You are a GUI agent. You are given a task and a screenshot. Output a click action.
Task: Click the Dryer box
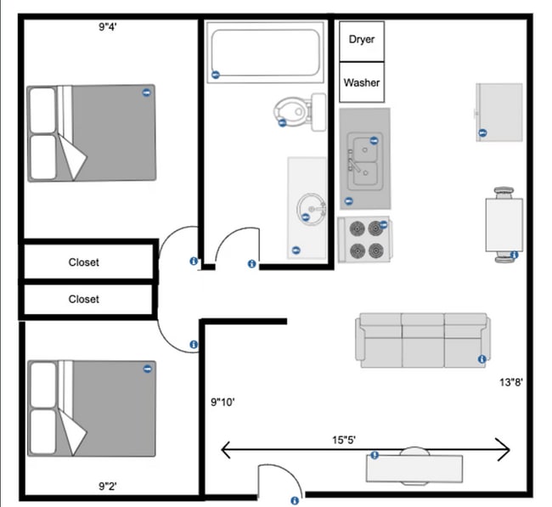point(362,40)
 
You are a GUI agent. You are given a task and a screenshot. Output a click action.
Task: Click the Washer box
point(362,83)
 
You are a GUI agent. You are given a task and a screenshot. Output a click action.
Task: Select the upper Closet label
point(84,262)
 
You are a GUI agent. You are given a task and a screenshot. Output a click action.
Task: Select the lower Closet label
point(84,299)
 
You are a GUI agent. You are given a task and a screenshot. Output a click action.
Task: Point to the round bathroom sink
point(311,206)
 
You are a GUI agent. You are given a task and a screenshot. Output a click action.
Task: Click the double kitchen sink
point(364,157)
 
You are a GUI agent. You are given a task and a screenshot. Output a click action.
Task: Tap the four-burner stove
point(365,239)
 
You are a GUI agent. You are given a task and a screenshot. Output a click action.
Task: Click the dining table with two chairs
point(505,223)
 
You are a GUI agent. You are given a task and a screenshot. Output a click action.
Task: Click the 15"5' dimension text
point(344,440)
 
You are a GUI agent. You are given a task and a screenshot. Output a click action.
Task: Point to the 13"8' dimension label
point(510,382)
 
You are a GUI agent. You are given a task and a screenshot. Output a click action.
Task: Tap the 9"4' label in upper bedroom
point(108,26)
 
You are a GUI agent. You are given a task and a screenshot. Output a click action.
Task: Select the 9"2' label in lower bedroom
point(107,487)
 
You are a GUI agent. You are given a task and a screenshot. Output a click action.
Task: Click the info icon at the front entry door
point(295,500)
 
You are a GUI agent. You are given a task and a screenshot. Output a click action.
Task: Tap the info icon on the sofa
point(482,358)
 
